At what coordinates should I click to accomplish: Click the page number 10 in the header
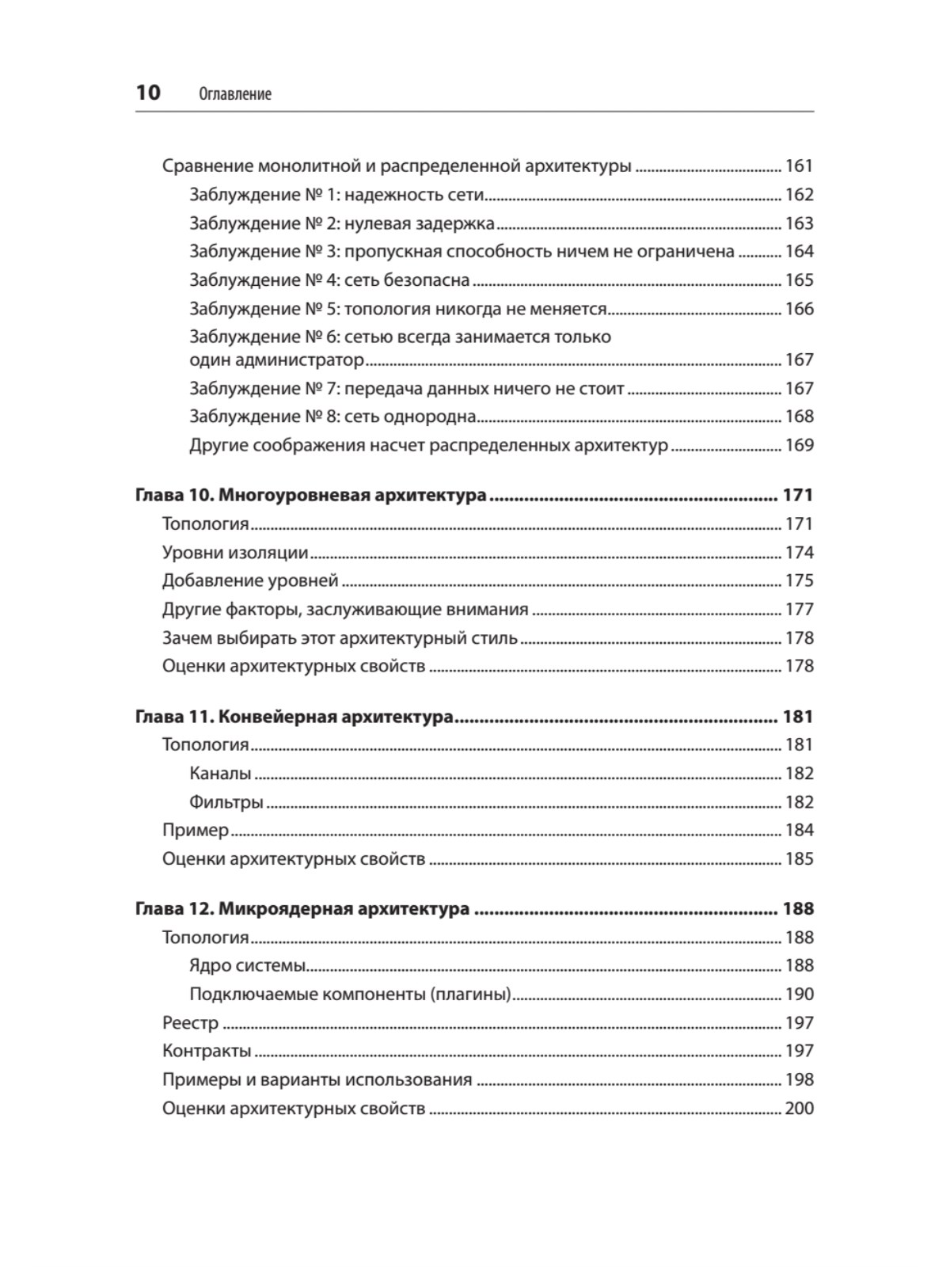tap(148, 93)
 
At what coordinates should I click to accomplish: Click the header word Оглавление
tap(235, 94)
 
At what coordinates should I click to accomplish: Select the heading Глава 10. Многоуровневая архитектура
tap(311, 496)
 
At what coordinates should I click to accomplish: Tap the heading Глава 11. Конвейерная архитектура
tap(294, 717)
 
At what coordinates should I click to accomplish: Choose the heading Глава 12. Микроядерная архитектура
tap(303, 909)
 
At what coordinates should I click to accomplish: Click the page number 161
tap(799, 166)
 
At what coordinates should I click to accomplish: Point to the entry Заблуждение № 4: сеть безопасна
tap(329, 280)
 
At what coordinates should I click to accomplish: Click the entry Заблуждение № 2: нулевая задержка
tap(342, 223)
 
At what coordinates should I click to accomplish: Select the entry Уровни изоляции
tap(235, 553)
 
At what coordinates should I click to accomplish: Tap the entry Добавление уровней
tap(250, 580)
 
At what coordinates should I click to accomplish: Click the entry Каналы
tap(220, 774)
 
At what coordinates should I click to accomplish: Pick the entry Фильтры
tap(226, 802)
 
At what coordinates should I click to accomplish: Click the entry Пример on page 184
tap(196, 830)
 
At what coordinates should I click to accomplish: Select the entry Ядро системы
tap(248, 965)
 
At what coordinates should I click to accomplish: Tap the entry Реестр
tap(190, 1023)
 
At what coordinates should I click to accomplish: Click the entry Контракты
tap(207, 1051)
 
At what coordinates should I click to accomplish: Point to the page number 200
tap(799, 1108)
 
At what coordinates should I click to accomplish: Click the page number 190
tap(799, 994)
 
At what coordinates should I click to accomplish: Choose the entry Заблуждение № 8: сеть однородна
tap(332, 417)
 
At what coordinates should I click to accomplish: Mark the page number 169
tap(799, 445)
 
